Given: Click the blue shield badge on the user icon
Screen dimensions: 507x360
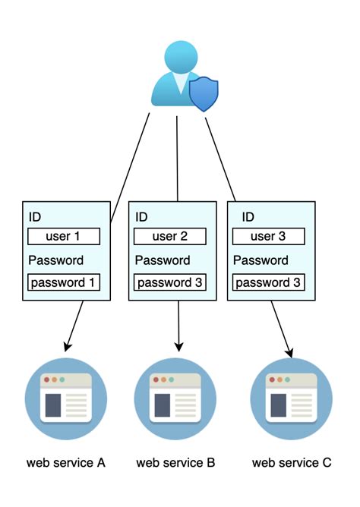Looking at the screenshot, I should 203,93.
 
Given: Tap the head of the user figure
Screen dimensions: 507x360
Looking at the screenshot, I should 179,58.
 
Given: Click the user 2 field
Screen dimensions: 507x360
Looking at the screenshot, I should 169,236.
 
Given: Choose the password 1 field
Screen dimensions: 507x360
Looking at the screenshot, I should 64,282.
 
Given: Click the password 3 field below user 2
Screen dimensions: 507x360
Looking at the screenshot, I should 169,282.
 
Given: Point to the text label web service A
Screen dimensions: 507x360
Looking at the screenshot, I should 65,463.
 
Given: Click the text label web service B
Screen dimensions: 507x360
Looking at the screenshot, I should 175,463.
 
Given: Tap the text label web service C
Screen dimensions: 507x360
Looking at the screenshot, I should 292,463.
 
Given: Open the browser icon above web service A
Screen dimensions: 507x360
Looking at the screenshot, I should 64,396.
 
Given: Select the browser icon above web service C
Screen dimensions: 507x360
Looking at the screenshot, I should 292,396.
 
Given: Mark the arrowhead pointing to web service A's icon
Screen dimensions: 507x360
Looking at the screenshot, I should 68,348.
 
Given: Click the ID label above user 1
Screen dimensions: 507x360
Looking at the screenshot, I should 36,217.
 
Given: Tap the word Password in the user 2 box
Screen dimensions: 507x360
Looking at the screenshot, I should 162,260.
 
